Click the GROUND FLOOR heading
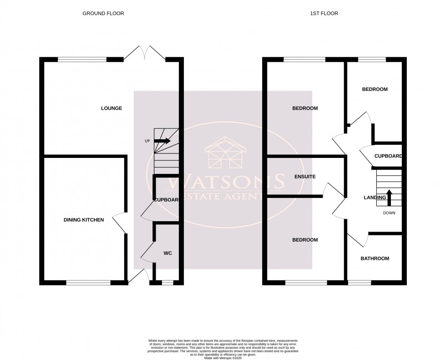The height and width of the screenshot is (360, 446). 103,14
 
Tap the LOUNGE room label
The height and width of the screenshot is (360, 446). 111,108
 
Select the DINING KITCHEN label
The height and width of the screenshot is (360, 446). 83,220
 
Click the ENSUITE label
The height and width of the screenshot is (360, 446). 304,176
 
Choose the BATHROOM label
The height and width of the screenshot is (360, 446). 375,259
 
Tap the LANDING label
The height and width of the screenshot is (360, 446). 375,198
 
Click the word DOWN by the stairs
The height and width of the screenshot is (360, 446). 389,213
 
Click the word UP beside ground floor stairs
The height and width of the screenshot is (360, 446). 147,141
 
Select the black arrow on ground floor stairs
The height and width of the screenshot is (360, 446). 162,141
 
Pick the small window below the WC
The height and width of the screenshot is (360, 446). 167,283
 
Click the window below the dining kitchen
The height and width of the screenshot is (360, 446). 88,283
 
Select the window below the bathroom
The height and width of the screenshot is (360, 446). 359,283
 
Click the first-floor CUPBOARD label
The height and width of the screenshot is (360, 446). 388,156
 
